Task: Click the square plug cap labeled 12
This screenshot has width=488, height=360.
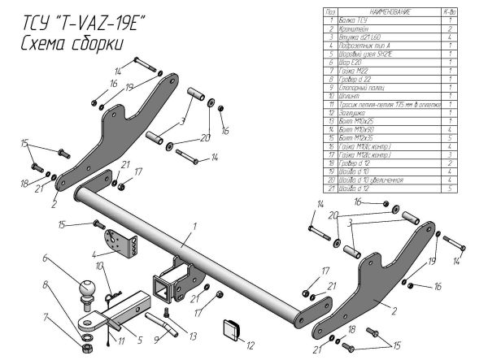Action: tap(229, 329)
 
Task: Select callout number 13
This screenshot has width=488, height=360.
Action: tap(194, 336)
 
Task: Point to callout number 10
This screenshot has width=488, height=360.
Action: tap(99, 267)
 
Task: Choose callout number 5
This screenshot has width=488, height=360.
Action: tap(139, 340)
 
